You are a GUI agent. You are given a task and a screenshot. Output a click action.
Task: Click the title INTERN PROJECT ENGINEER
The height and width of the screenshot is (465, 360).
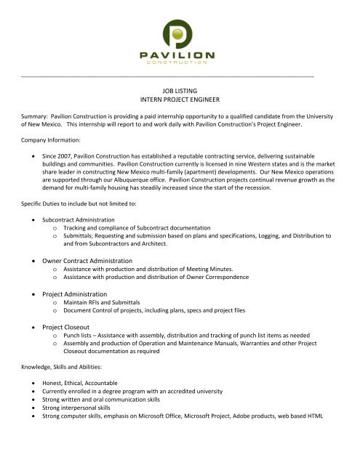pos(180,97)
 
